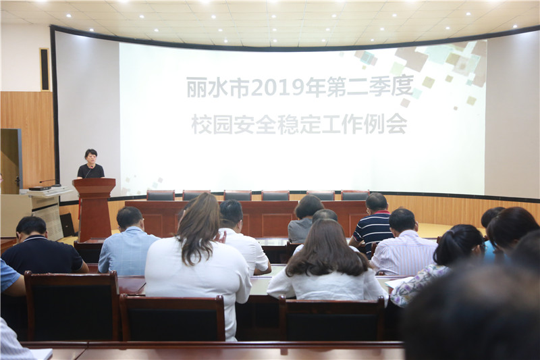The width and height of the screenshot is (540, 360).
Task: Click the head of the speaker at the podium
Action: (91, 156)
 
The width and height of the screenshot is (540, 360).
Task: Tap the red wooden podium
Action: (94, 209)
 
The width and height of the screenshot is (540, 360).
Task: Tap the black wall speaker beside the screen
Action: (45, 70)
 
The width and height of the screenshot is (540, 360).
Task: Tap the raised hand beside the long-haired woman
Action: (221, 237)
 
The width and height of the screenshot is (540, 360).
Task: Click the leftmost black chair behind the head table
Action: (161, 195)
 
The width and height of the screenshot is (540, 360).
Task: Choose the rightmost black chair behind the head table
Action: (355, 195)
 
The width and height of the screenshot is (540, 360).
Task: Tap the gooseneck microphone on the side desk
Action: (50, 182)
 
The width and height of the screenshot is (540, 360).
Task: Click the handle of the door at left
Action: (17, 180)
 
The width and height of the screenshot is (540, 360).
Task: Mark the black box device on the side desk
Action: (39, 188)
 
